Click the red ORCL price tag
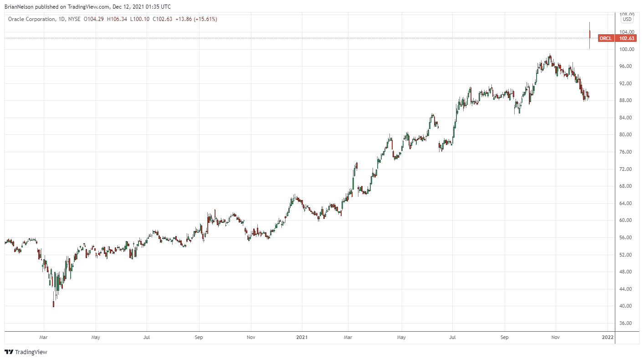[605, 38]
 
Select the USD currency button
[627, 19]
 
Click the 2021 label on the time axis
[302, 338]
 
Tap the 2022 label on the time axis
[607, 338]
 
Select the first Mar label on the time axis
[44, 338]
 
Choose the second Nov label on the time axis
[555, 338]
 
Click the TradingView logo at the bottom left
[26, 352]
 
